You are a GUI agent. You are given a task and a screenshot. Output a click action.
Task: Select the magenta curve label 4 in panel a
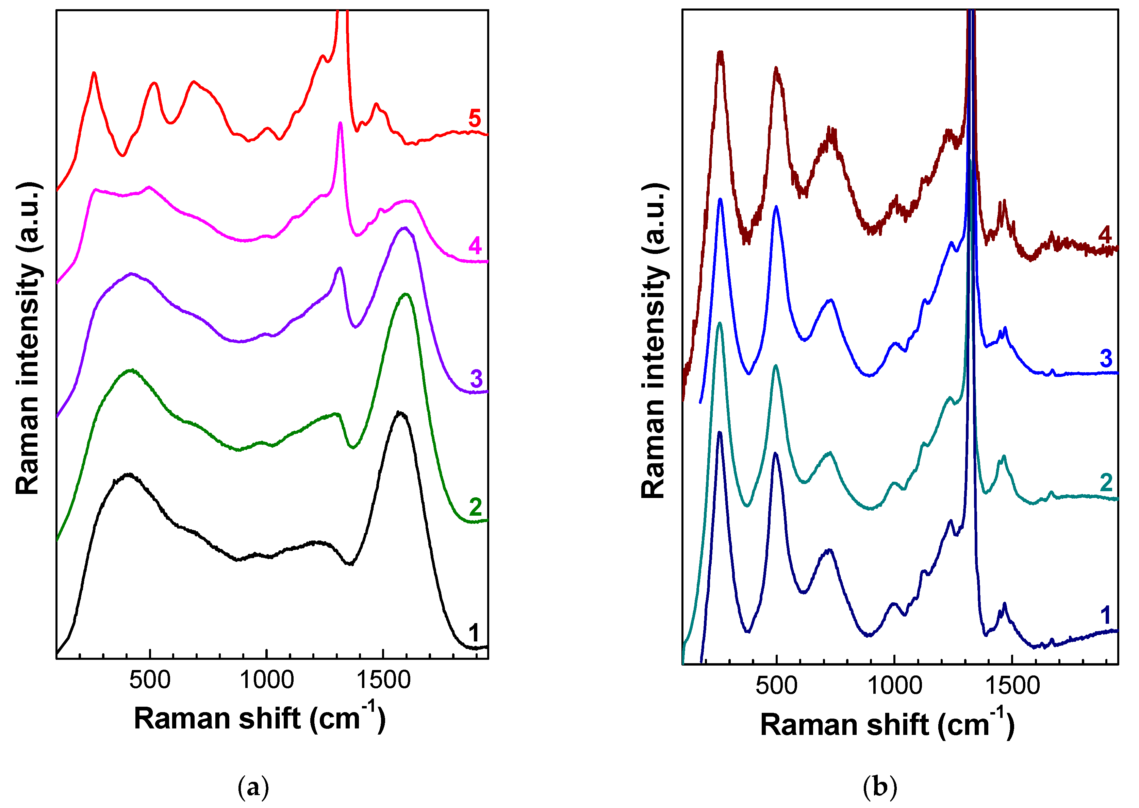(x=475, y=246)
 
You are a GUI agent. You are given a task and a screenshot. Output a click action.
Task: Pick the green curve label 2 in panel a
(x=475, y=507)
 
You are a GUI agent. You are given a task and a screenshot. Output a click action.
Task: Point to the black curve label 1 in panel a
(x=474, y=633)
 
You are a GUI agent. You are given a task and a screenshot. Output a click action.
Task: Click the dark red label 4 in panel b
(x=1105, y=234)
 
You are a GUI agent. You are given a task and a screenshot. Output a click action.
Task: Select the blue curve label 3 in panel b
(x=1106, y=358)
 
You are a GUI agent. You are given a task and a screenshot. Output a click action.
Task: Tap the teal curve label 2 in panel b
(x=1106, y=482)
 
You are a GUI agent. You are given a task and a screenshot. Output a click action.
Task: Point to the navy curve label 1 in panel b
(x=1105, y=616)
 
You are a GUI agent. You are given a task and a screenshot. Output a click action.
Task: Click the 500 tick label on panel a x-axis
(x=150, y=680)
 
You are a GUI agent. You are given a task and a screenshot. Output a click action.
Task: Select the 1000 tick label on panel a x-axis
(x=266, y=680)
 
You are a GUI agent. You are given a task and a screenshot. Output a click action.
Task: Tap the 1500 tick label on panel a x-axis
(x=383, y=680)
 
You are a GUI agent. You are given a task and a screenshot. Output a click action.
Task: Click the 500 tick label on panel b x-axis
(x=776, y=686)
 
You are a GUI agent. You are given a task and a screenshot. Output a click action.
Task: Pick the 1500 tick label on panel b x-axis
(x=1012, y=686)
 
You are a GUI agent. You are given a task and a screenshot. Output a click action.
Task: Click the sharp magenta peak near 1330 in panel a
(x=340, y=123)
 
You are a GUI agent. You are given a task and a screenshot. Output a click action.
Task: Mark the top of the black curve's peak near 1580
(x=399, y=412)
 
